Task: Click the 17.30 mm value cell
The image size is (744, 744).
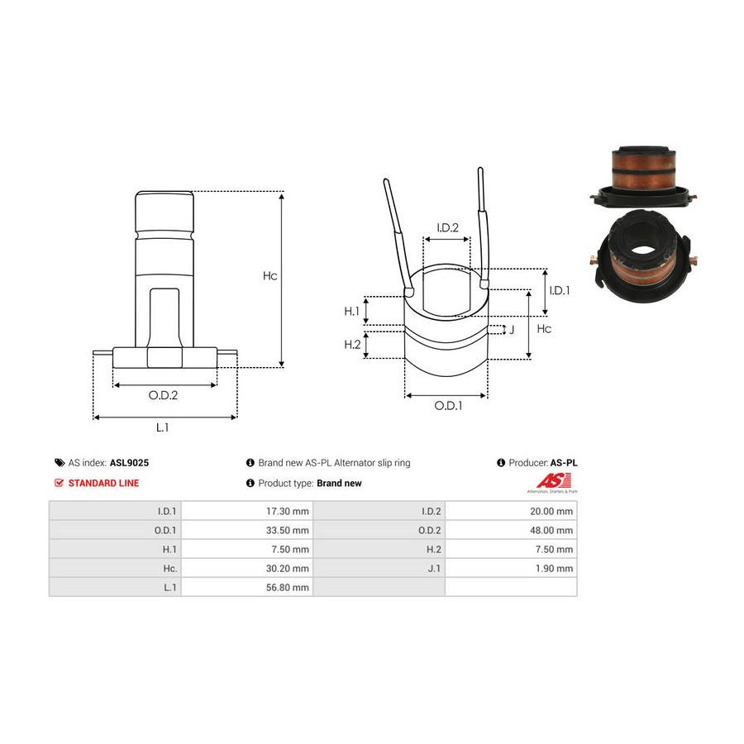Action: click(287, 511)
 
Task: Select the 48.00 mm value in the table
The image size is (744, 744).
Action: click(551, 530)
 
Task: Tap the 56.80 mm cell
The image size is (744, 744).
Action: click(287, 587)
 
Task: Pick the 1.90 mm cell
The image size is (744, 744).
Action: click(554, 568)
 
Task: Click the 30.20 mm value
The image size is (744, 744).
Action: click(287, 568)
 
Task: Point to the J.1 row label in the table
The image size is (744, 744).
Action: click(434, 568)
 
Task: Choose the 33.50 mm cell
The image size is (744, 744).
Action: click(287, 530)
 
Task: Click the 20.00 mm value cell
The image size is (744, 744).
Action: click(551, 511)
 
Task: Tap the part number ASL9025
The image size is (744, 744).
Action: click(129, 463)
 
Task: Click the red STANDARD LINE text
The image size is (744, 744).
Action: click(103, 483)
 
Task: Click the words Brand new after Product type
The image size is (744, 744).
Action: click(339, 483)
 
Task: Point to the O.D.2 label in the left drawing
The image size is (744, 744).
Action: click(163, 395)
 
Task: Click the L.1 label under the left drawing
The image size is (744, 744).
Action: click(162, 427)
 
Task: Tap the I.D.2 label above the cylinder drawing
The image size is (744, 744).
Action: click(447, 228)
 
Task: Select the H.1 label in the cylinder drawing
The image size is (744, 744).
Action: click(351, 312)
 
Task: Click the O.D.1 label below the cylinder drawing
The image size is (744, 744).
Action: click(448, 406)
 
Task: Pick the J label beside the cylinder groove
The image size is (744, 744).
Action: click(512, 330)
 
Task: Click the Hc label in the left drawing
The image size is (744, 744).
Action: click(270, 275)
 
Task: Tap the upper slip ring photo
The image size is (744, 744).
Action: click(643, 176)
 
